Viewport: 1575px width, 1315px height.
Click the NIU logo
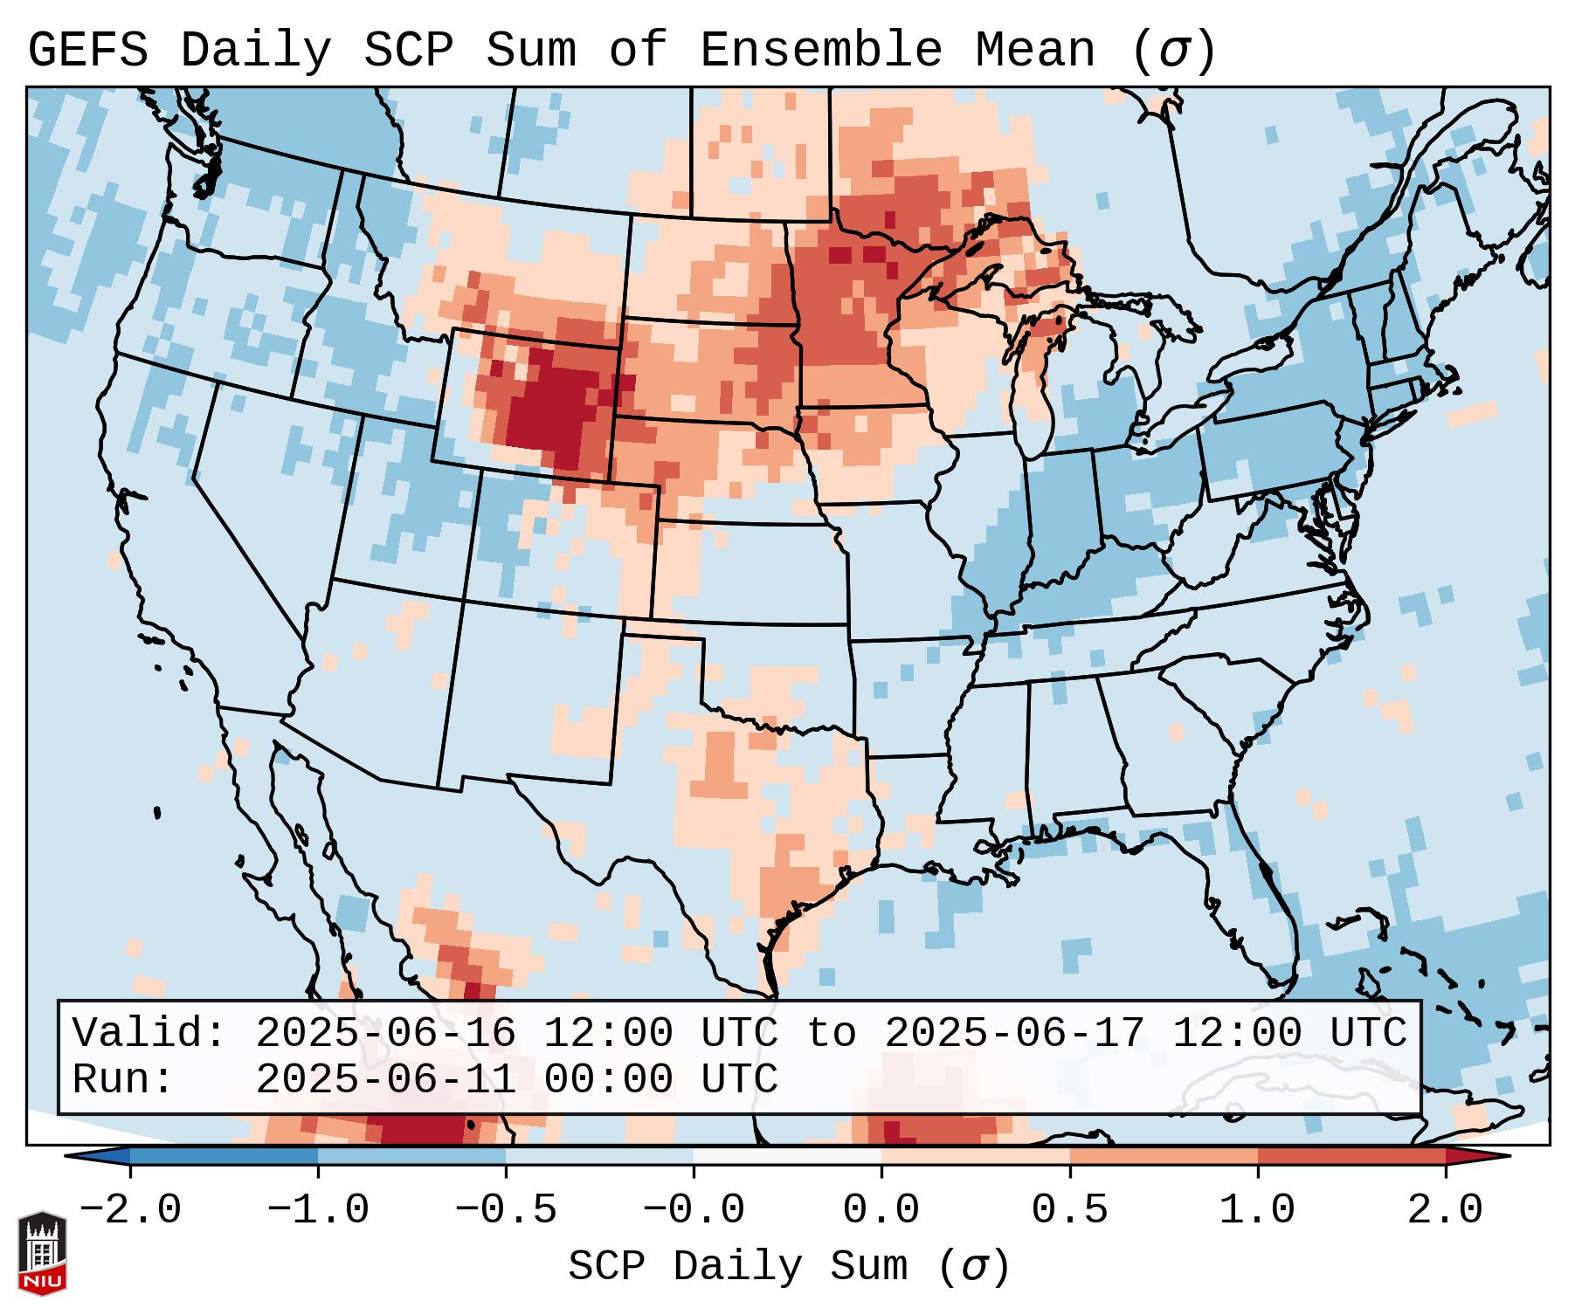(42, 1253)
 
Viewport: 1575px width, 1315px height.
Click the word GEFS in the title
(88, 50)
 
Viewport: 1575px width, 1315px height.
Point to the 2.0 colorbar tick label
(1445, 1210)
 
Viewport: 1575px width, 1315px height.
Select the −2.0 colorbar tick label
(130, 1210)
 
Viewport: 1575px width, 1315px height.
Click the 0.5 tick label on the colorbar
(1069, 1210)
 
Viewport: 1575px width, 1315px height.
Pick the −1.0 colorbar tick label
(318, 1210)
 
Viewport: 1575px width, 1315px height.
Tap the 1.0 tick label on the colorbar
(1257, 1210)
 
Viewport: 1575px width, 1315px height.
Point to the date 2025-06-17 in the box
(1014, 1033)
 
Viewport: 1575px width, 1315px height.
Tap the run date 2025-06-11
(385, 1079)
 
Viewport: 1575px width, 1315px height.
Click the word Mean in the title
(1035, 50)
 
